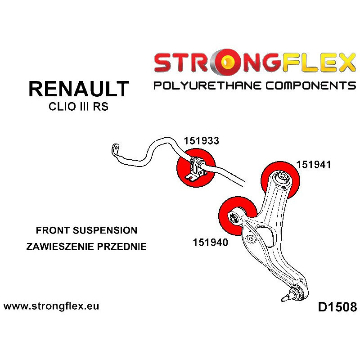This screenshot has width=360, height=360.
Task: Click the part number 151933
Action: coord(201,140)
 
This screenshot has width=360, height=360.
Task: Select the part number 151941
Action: coord(314,165)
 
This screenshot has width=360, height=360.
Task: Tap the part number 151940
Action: coord(211,243)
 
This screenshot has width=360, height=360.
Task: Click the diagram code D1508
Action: coord(337,308)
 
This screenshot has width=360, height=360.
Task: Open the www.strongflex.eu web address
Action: coord(51,306)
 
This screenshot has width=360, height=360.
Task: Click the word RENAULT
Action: coord(79,89)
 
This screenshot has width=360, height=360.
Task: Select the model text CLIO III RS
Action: coord(79,108)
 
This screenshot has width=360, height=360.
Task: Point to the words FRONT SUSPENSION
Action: coord(86,230)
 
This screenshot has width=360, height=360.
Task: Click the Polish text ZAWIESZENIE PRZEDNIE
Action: coord(86,247)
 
